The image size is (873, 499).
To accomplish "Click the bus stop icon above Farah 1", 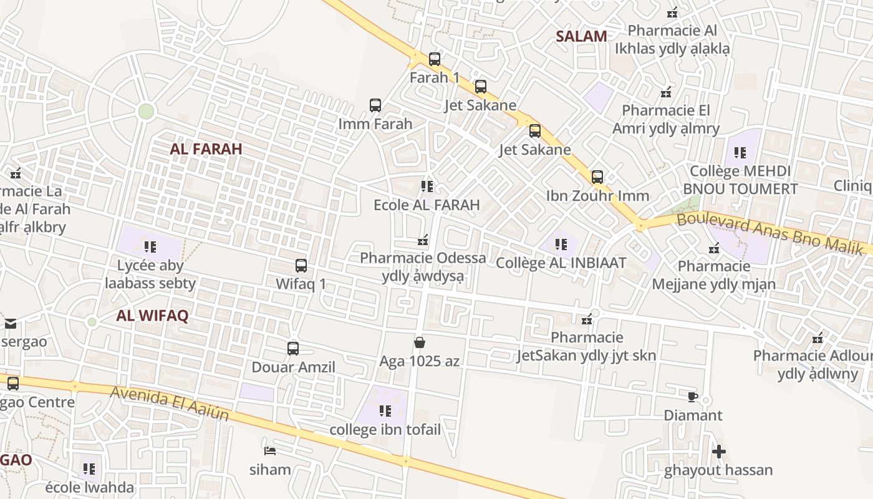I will [435, 59].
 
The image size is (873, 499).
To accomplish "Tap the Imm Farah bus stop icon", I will [375, 105].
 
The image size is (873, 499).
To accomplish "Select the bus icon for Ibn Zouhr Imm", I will [597, 177].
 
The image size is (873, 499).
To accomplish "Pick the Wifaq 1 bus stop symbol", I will [301, 266].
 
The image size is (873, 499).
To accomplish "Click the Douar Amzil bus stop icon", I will [293, 349].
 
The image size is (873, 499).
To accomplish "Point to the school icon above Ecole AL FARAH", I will [427, 187].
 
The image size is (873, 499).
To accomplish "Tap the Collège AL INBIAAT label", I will [561, 263].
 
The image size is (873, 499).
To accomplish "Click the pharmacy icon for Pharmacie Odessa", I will [423, 240].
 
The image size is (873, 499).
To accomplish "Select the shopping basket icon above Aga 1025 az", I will [420, 342].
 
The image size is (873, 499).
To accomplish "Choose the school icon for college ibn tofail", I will [385, 411].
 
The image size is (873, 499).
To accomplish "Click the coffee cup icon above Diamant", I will [692, 397].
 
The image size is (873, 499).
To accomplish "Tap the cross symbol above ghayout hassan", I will [719, 451].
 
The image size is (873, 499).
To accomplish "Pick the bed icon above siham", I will [270, 450].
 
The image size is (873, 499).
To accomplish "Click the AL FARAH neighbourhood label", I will [206, 149].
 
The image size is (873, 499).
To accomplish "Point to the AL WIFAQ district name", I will [152, 316].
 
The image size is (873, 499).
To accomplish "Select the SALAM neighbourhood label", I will [581, 36].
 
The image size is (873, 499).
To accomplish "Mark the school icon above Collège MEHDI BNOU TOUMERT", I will [740, 153].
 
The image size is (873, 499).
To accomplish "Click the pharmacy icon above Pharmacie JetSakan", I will [587, 320].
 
